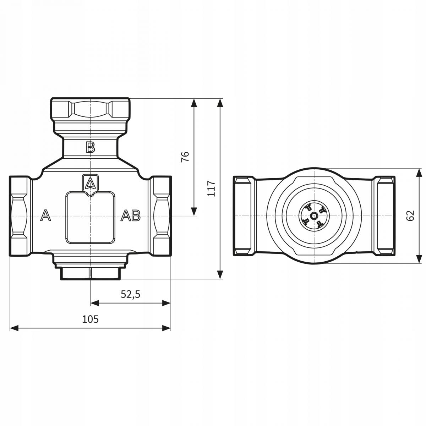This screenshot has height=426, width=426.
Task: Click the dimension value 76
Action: pyautogui.click(x=185, y=157)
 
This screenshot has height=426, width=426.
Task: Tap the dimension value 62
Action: pyautogui.click(x=410, y=215)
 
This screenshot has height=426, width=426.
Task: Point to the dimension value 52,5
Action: pyautogui.click(x=131, y=294)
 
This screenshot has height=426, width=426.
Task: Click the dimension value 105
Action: pyautogui.click(x=90, y=319)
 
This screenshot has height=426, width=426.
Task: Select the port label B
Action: pyautogui.click(x=91, y=147)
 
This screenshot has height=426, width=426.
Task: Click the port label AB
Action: pyautogui.click(x=131, y=215)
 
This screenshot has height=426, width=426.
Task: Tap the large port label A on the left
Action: pyautogui.click(x=45, y=215)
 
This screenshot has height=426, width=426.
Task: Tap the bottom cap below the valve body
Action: pyautogui.click(x=91, y=273)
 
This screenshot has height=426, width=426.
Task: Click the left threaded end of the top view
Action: pyautogui.click(x=244, y=215)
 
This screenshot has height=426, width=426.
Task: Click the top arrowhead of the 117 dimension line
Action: pyautogui.click(x=220, y=103)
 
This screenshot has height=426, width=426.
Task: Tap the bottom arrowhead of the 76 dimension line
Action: pyautogui.click(x=194, y=212)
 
